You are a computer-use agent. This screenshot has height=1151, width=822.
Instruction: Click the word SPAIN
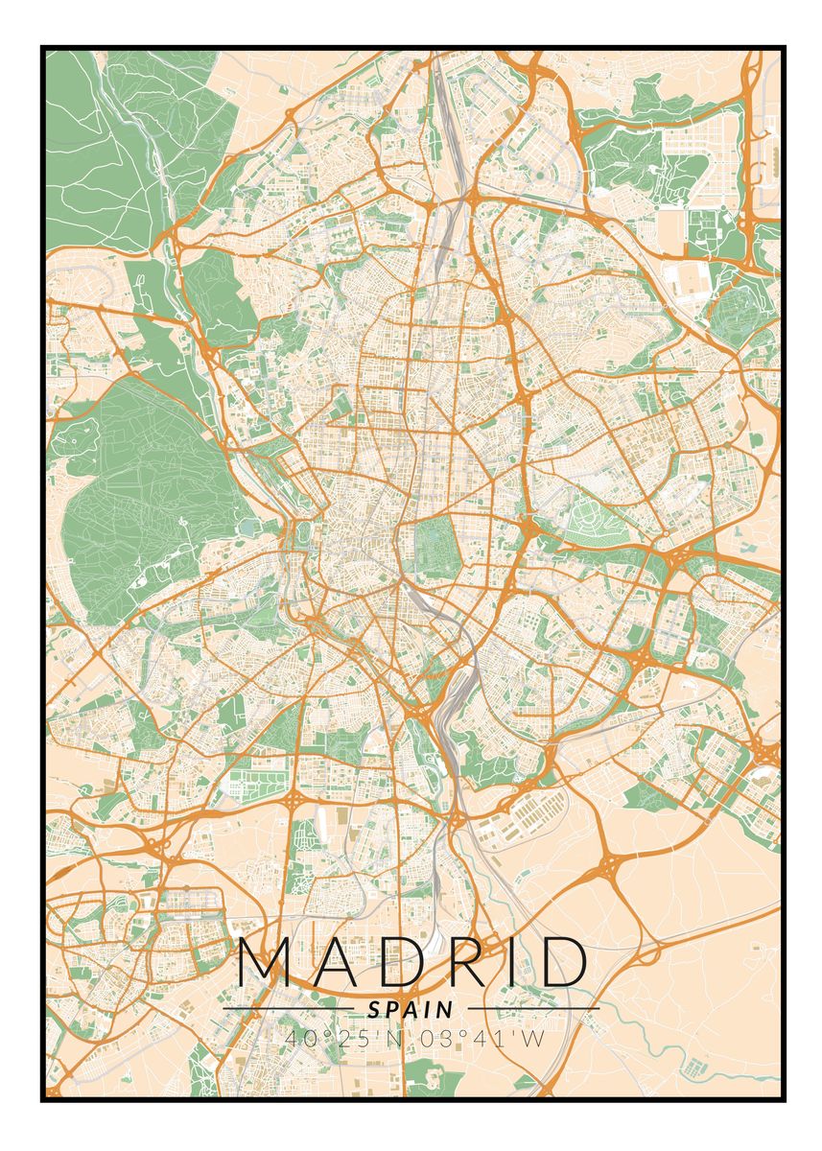[x=411, y=1009]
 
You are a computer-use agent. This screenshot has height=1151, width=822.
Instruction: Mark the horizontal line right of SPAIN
[x=533, y=1009]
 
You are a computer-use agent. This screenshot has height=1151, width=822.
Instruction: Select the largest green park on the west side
[x=144, y=489]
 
